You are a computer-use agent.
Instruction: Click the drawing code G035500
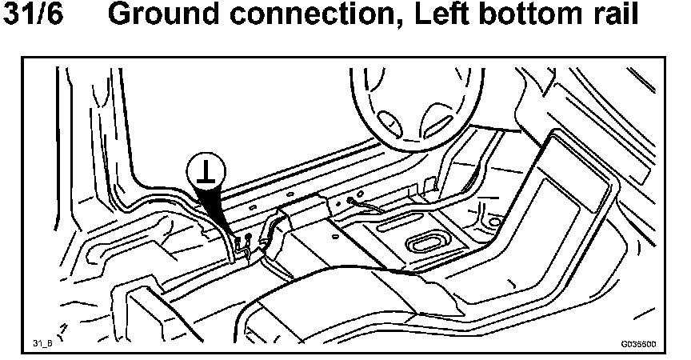coord(638,343)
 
